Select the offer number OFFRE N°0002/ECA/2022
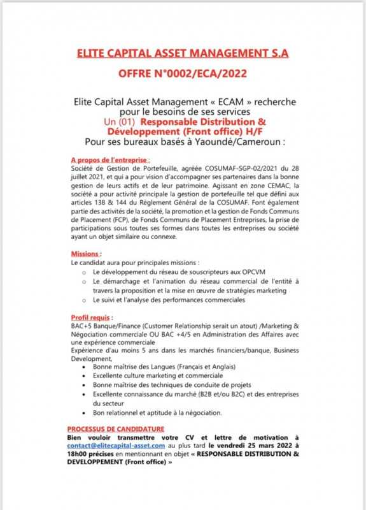(x=182, y=75)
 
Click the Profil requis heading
(x=92, y=317)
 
